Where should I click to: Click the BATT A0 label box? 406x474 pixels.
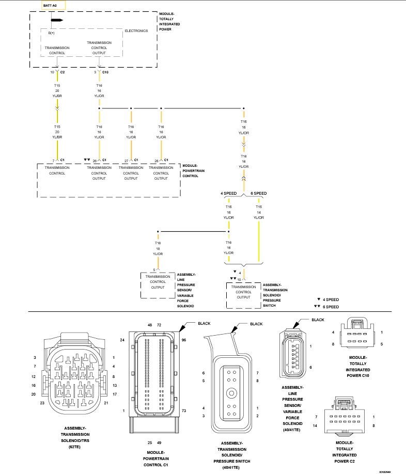53,6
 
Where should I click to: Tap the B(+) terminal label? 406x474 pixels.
51,33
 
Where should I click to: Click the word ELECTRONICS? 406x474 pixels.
136,31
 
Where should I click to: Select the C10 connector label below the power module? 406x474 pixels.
105,72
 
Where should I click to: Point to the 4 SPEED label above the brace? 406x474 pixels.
228,193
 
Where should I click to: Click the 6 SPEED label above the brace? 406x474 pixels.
258,193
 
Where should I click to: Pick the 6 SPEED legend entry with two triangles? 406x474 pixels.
326,307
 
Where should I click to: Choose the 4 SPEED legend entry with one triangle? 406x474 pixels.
328,299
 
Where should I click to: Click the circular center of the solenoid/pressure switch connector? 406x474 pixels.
231,393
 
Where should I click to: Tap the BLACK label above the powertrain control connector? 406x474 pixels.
204,323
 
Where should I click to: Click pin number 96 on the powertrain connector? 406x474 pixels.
184,340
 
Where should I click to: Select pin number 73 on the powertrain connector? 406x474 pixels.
184,411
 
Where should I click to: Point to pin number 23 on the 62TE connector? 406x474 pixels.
42,403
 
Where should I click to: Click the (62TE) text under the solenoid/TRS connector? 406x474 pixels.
75,447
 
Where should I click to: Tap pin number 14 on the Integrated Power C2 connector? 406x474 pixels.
315,425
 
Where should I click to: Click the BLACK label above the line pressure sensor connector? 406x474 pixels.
318,320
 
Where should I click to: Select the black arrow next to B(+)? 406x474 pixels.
57,20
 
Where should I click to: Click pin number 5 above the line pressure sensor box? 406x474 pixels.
154,270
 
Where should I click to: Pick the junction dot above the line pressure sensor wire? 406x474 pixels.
158,231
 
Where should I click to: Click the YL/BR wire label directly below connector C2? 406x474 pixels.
57,96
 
